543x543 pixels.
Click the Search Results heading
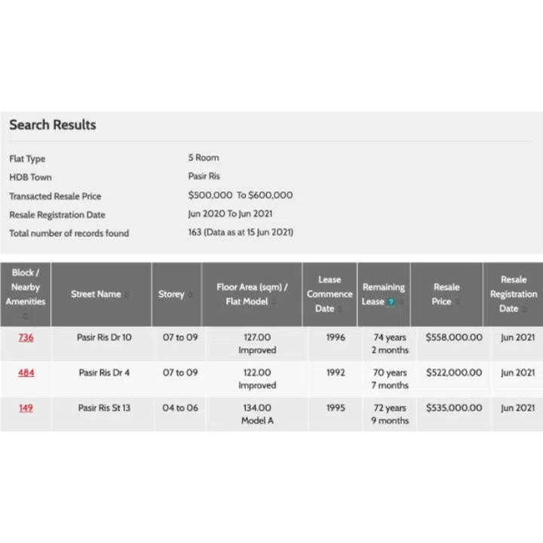coord(53,124)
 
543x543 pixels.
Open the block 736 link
coord(26,338)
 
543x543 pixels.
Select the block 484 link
coord(26,373)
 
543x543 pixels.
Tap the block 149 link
coord(26,408)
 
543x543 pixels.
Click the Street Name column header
coord(96,294)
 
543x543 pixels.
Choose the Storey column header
coord(171,294)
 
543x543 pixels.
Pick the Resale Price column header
coord(446,294)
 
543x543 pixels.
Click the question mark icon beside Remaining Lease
coord(391,302)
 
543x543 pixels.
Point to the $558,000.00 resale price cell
coord(454,338)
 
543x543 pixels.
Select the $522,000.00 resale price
coord(454,373)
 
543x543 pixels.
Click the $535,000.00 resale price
coord(454,408)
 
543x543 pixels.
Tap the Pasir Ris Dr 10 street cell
coord(104,338)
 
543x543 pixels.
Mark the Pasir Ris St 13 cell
coord(104,408)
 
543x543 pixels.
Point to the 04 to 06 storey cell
coord(180,408)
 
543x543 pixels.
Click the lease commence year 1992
coord(336,373)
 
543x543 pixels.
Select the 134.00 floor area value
coord(257,408)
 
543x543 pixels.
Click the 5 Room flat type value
coord(204,158)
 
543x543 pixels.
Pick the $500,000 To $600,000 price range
coord(241,195)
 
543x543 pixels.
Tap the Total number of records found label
coord(69,233)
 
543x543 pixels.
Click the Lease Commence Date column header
coord(330,294)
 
